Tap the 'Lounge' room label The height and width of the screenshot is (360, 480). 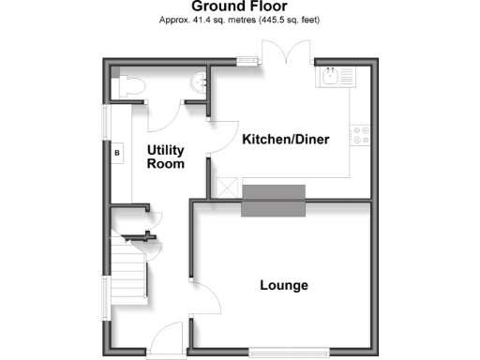(283, 285)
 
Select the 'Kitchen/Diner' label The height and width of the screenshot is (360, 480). (285, 140)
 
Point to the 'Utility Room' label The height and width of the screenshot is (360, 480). (165, 157)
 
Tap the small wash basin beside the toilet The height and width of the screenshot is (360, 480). (198, 82)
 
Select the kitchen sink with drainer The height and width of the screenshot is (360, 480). (337, 77)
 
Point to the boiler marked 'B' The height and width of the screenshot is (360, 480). (117, 152)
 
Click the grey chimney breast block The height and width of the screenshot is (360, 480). (274, 202)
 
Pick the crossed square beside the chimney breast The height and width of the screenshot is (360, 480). (226, 187)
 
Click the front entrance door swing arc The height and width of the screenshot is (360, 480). (167, 337)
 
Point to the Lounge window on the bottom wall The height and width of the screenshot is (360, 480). (289, 352)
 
